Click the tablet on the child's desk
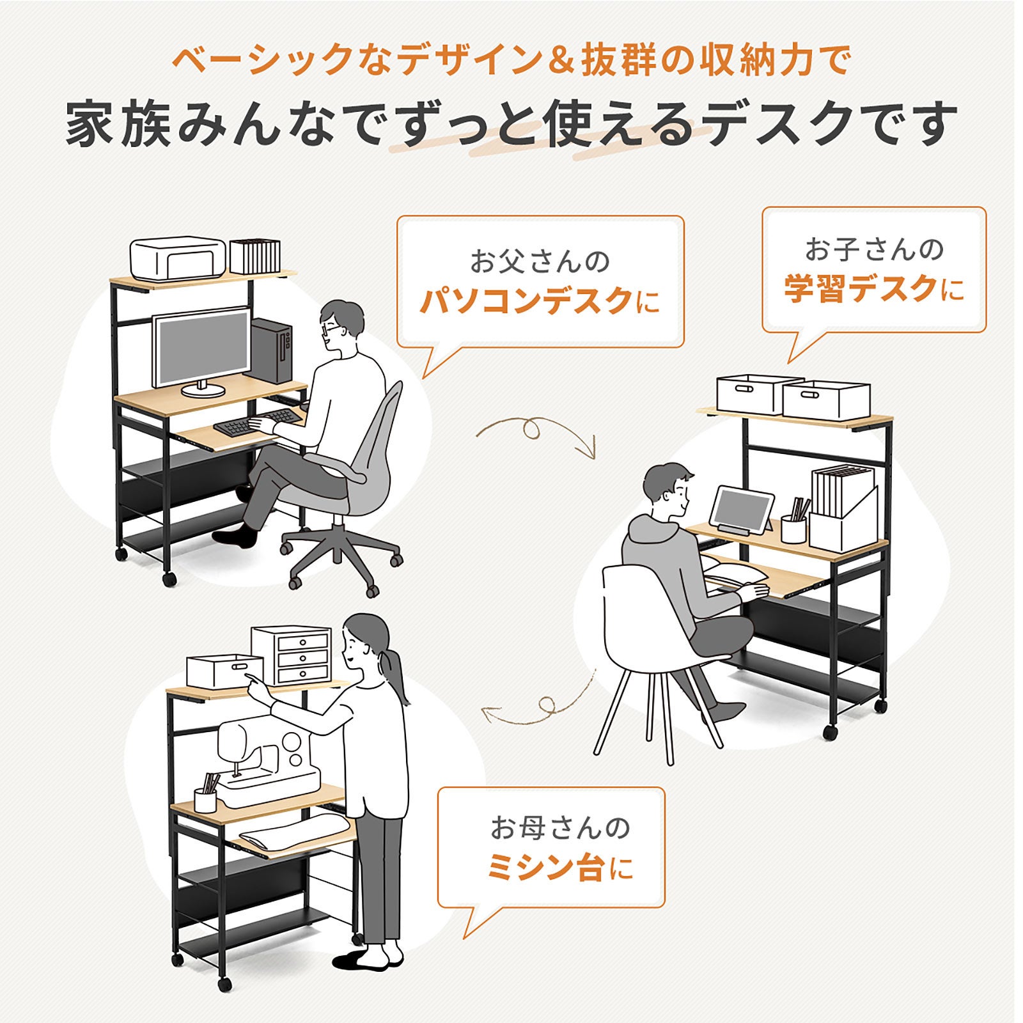pos(742,510)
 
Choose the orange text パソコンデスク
pos(526,301)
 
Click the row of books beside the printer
pos(254,256)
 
